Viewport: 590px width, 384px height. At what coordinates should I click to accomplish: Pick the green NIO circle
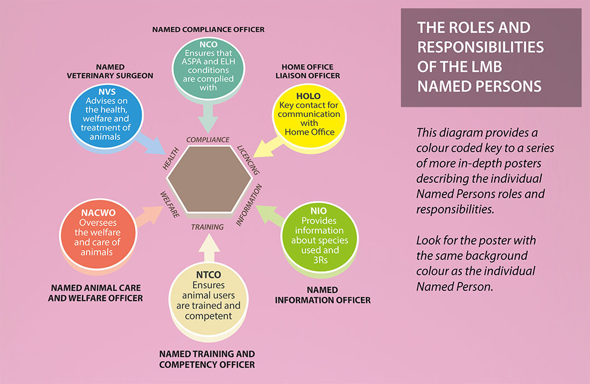319,235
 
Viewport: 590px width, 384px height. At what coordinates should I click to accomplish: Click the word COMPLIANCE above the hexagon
208,140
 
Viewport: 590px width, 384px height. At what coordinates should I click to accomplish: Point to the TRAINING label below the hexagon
207,227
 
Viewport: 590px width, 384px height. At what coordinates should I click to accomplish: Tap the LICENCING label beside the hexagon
248,160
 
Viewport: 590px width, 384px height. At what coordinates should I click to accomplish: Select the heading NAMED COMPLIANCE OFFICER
208,29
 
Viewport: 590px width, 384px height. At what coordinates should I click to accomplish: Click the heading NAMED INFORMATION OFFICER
322,295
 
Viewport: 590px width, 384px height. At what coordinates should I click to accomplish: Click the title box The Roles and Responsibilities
491,57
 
